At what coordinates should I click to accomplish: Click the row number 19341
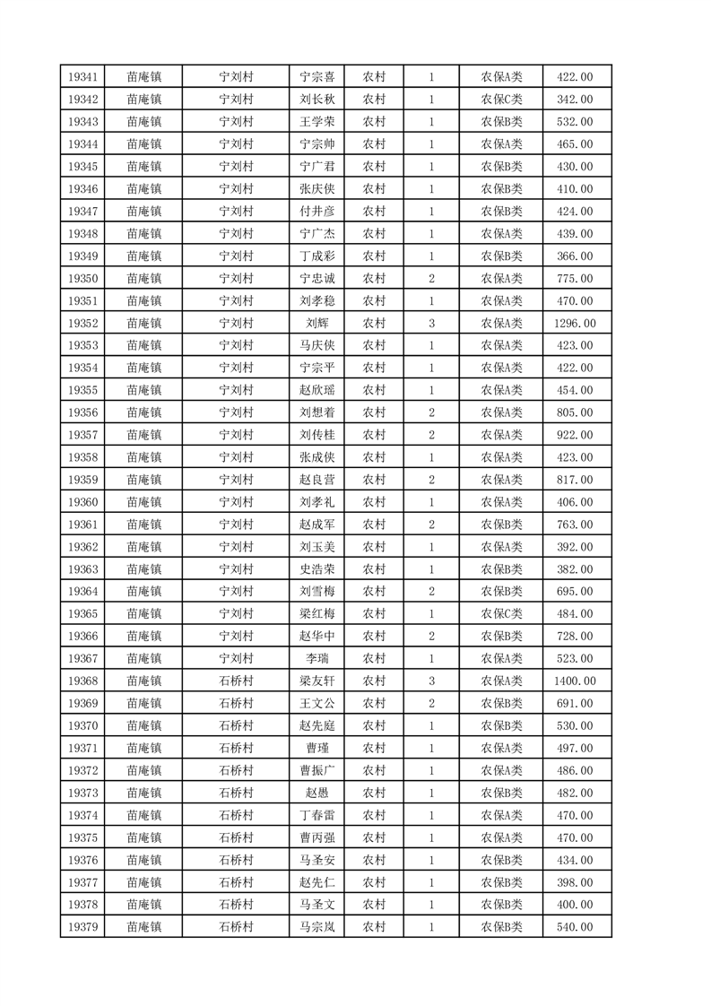click(82, 77)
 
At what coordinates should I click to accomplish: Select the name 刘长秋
click(316, 100)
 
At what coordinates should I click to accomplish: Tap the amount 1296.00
click(574, 323)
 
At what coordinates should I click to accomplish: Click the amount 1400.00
click(574, 681)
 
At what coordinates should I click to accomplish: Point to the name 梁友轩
click(316, 681)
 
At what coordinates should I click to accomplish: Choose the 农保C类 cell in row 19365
click(501, 614)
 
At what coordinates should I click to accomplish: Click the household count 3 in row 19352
click(431, 323)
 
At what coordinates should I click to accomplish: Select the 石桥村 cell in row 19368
click(237, 681)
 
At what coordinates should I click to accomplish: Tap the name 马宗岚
click(316, 927)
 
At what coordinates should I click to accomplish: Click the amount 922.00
click(574, 435)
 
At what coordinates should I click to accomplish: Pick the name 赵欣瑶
click(316, 390)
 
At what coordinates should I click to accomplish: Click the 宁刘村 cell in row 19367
click(237, 658)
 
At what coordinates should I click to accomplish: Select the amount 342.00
click(574, 100)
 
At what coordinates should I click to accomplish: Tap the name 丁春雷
click(316, 815)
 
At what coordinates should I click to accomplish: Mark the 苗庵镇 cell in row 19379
click(143, 927)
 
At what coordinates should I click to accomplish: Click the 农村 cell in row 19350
click(374, 279)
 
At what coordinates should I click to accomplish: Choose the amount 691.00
click(574, 703)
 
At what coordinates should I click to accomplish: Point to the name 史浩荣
click(316, 569)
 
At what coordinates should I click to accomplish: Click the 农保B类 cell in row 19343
click(501, 122)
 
